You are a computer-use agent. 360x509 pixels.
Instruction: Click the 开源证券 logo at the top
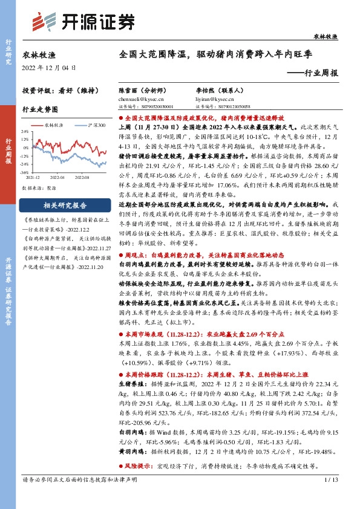pos(81,22)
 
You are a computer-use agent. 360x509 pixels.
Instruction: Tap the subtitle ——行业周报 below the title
pos(312,73)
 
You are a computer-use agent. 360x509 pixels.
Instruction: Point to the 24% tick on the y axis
pos(27,131)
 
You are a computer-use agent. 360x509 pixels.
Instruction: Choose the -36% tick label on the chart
pos(27,171)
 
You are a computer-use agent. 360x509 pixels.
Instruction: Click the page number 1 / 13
pos(330,496)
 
